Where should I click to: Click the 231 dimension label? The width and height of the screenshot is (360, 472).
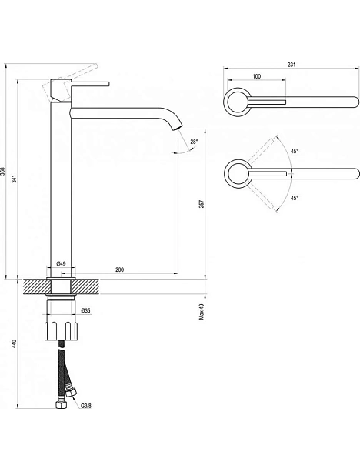point(292,65)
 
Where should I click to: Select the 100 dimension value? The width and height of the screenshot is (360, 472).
point(257,76)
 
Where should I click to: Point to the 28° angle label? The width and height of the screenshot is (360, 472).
point(195,142)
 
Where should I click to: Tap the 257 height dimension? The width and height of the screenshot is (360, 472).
point(202,204)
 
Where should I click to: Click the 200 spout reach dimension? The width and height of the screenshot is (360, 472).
point(120,269)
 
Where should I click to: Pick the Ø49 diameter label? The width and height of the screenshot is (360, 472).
point(61,263)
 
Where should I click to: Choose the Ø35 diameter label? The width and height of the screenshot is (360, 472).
point(86,310)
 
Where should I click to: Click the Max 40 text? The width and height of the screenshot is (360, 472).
point(202,312)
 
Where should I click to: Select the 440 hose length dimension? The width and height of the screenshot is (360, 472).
point(15,344)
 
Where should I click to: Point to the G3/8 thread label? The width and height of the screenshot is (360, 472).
point(86,406)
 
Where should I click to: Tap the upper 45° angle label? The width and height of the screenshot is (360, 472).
point(295,151)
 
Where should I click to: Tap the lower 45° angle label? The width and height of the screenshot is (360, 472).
point(295,198)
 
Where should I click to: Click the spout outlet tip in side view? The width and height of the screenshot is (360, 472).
point(178,128)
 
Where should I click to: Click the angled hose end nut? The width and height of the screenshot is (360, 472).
point(72,393)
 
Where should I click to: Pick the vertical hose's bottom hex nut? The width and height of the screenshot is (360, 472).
point(62,404)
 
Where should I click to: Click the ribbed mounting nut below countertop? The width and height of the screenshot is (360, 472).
point(62,331)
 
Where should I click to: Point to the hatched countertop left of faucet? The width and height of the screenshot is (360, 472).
point(36,286)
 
